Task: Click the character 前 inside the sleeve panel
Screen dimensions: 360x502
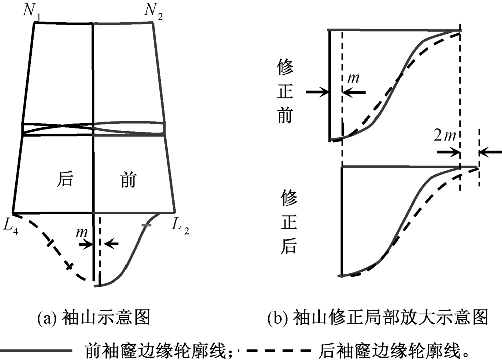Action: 128,179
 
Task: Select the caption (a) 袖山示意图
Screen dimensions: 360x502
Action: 94,318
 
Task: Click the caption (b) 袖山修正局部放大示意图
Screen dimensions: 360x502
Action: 378,318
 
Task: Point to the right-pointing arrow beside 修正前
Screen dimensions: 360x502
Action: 316,92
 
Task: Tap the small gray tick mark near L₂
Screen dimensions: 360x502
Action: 146,227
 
